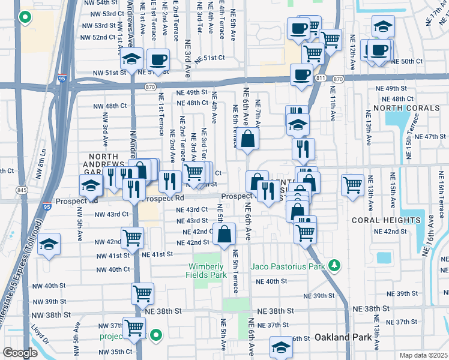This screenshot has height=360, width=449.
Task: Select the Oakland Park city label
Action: [x=340, y=337]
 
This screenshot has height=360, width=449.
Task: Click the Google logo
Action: [x=20, y=353]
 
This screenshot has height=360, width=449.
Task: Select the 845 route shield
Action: [x=22, y=190]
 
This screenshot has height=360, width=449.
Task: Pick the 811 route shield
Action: [x=321, y=79]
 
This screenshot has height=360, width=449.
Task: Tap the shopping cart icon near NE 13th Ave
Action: [x=352, y=184]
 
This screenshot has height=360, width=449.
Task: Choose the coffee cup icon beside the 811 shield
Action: [x=301, y=75]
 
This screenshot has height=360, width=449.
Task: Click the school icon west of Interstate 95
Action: [x=49, y=244]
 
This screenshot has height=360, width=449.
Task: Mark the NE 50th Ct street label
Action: [x=407, y=61]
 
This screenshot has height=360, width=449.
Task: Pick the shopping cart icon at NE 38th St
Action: [x=142, y=293]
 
